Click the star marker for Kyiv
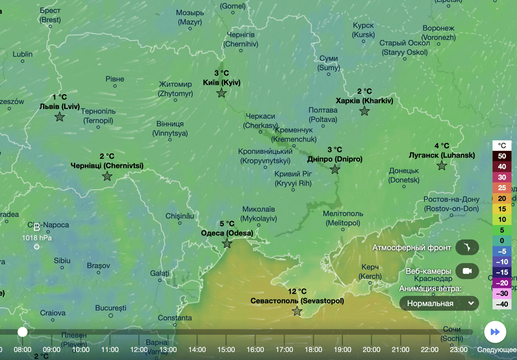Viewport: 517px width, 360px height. [222, 93]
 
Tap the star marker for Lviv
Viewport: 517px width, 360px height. [60, 117]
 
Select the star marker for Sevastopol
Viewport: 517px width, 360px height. [297, 311]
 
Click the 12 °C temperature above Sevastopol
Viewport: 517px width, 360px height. [297, 292]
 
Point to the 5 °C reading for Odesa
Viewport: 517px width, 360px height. [227, 224]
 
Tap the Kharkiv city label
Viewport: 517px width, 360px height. [364, 101]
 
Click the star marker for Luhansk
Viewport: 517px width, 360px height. [442, 165]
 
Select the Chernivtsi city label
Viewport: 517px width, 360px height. [107, 165]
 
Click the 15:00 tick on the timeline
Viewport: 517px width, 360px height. [226, 349]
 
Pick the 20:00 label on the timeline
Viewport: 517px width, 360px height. [371, 349]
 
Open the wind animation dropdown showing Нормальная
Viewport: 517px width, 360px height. [439, 303]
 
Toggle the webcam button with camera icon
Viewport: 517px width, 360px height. [467, 271]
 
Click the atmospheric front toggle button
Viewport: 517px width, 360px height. [467, 247]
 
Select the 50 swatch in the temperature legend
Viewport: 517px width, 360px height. [502, 156]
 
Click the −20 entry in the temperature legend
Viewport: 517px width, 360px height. [502, 283]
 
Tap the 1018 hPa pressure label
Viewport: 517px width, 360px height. [37, 238]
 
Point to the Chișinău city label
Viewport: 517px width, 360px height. [180, 216]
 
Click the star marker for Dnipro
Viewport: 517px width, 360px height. [335, 169]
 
